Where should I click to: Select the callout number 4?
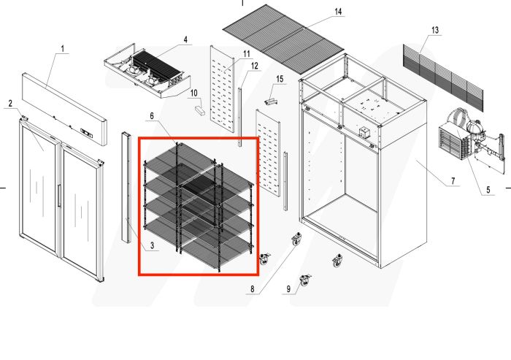coord(185,39)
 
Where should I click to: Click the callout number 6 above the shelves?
coord(152,116)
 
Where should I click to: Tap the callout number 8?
coord(252,289)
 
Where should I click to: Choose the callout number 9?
coord(288,290)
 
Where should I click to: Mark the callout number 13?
coord(436,30)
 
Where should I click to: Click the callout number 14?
coord(337,12)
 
